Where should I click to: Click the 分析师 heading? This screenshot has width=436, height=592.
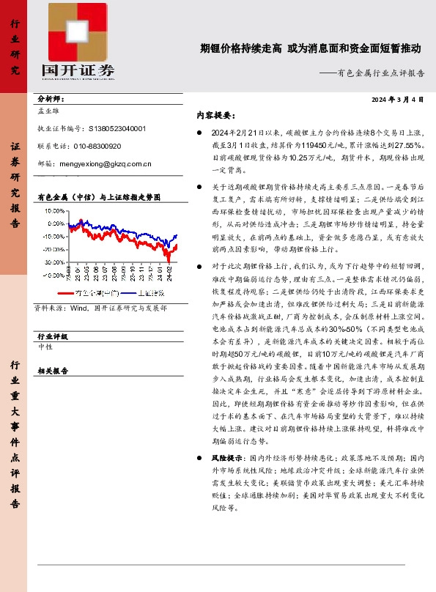[x=51, y=99]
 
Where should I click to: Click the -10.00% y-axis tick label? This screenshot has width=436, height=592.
[x=54, y=236]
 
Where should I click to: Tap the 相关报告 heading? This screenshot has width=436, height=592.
[x=53, y=371]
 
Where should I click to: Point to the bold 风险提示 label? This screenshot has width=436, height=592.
[x=227, y=457]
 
